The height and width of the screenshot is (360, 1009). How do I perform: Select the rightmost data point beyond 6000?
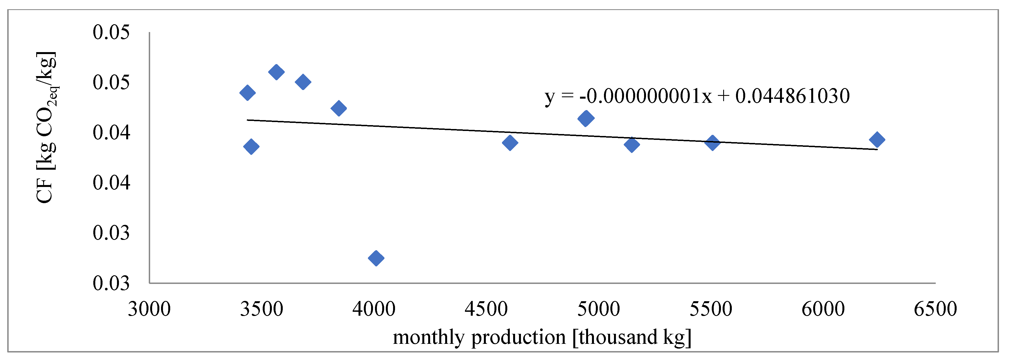point(877,139)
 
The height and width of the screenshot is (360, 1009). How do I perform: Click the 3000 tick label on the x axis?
point(149,309)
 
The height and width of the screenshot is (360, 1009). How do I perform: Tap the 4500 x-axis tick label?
point(486,309)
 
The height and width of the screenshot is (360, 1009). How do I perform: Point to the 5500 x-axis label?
point(711,309)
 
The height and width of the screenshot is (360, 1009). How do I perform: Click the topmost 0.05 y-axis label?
point(111,32)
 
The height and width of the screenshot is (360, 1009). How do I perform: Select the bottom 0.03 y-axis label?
point(111,283)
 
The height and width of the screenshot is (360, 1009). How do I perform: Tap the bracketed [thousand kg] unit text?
point(632,337)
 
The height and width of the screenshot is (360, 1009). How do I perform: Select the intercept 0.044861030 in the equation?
point(792,96)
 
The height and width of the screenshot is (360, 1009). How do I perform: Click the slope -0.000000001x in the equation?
point(645,96)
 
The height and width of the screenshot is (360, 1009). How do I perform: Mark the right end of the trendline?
point(877,149)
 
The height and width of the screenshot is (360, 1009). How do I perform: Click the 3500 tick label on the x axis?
point(262,309)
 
